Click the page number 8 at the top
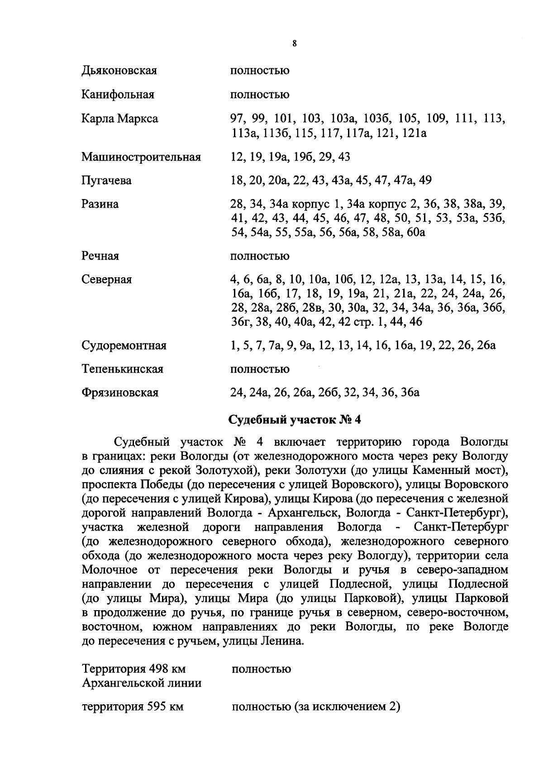click(x=294, y=44)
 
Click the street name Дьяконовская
click(x=119, y=71)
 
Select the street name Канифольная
click(x=118, y=95)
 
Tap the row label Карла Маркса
click(x=119, y=119)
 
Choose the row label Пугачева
click(x=106, y=180)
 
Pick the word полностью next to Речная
click(x=260, y=256)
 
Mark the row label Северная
click(x=106, y=280)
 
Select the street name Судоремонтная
click(x=124, y=346)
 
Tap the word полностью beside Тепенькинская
click(x=260, y=369)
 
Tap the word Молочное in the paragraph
click(x=107, y=569)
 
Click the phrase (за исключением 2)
click(x=347, y=707)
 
